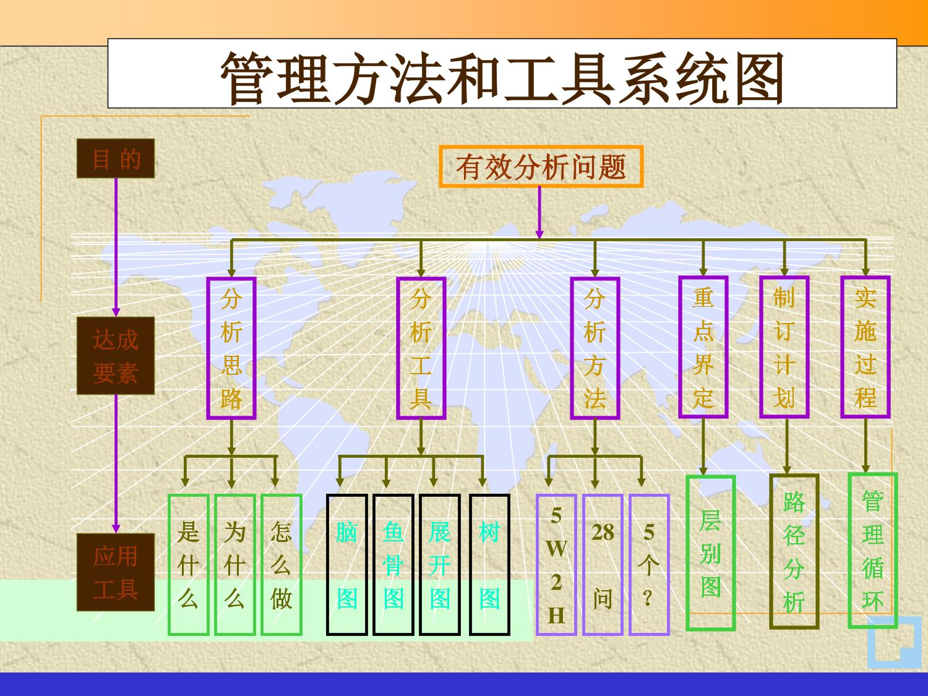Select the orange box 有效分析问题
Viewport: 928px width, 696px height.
click(x=541, y=166)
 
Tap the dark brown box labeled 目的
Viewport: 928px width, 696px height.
click(x=116, y=159)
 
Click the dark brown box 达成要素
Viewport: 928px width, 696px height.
click(x=116, y=356)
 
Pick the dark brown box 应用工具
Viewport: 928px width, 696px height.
click(x=116, y=572)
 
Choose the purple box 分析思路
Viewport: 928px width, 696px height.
click(x=231, y=348)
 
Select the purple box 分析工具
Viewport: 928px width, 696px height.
click(x=421, y=348)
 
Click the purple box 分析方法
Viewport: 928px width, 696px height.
click(x=595, y=348)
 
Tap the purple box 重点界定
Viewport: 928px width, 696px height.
click(x=703, y=347)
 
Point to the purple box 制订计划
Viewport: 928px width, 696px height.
click(x=784, y=347)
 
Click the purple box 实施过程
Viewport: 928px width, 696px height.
click(x=866, y=347)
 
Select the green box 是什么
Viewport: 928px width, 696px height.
click(x=188, y=565)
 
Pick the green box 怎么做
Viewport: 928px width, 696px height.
click(x=281, y=565)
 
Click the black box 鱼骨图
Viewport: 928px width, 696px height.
click(x=393, y=565)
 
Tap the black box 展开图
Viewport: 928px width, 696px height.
click(x=440, y=565)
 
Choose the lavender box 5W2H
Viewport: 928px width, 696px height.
click(x=556, y=565)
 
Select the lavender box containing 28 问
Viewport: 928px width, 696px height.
click(x=603, y=565)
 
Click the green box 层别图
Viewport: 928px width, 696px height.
click(x=711, y=553)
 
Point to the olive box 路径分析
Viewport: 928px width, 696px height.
click(x=794, y=551)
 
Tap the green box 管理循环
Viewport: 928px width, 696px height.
click(x=872, y=551)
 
